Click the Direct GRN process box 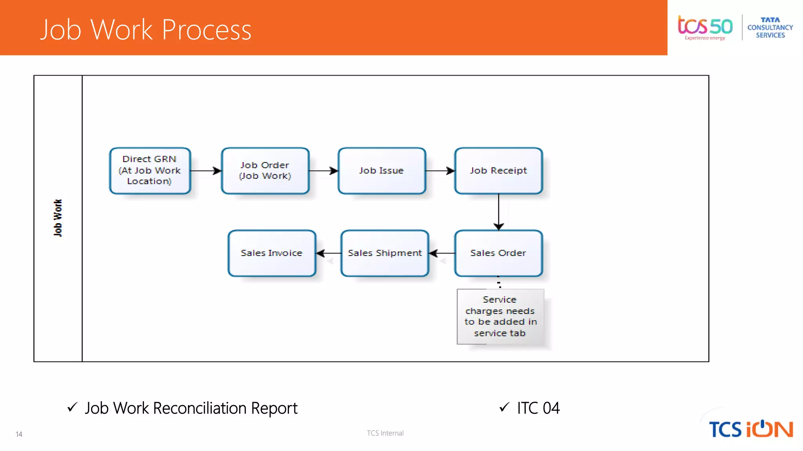150,170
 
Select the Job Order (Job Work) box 265,170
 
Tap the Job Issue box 382,170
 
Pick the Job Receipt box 498,170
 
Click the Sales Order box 498,253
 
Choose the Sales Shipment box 385,253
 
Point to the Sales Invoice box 272,253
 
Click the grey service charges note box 500,316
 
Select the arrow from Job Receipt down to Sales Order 499,212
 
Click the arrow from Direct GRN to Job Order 206,171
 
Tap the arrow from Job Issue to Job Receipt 440,171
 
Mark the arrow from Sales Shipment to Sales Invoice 329,253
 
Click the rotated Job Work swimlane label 58,218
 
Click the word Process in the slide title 206,30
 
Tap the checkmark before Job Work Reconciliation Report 73,407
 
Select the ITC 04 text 538,408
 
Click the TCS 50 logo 705,27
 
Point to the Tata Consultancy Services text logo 770,27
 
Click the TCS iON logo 750,429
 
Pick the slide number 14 19,434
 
